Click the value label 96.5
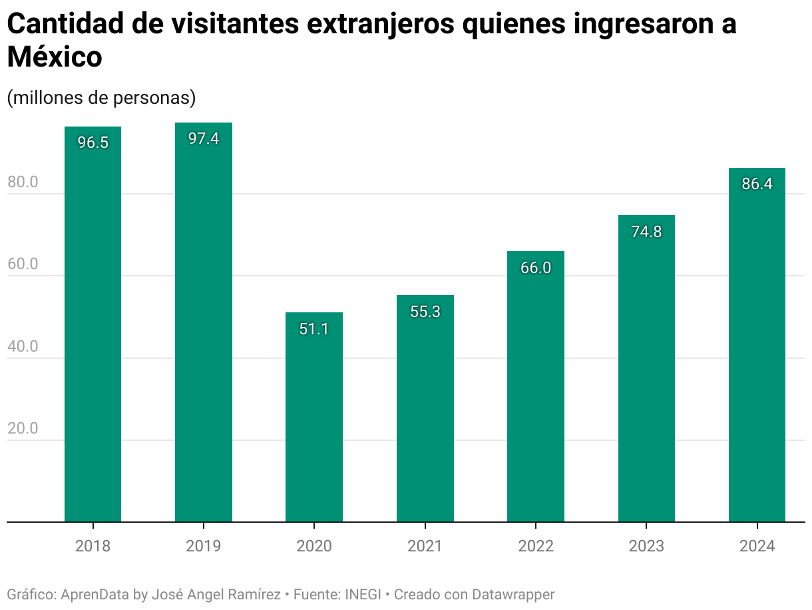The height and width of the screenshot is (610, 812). (93, 143)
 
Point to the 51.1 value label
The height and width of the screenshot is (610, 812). (314, 329)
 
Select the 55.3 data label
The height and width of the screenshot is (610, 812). (425, 312)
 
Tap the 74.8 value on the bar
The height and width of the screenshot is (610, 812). (646, 232)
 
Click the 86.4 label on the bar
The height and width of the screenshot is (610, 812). (757, 184)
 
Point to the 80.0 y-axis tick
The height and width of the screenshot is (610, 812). (23, 182)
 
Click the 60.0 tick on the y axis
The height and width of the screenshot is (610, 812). (23, 264)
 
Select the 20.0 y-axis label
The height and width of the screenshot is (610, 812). (23, 429)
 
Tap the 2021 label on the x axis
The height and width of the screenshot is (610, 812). (425, 546)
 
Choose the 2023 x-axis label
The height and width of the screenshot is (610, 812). (646, 546)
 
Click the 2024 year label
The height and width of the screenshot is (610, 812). (757, 546)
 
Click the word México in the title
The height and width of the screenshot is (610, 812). (55, 57)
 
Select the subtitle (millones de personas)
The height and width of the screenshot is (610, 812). (101, 97)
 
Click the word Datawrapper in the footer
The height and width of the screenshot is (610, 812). (513, 594)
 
